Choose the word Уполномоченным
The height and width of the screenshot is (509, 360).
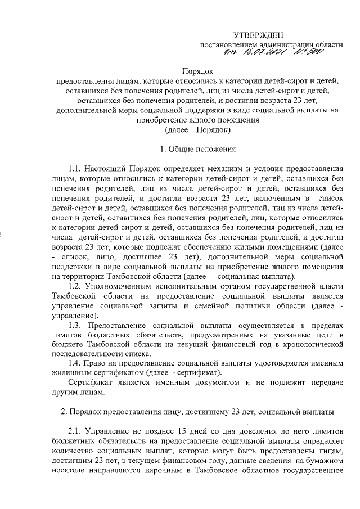tap(122, 286)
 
